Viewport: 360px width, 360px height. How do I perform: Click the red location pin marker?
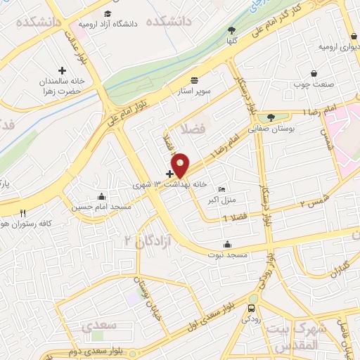click(x=181, y=165)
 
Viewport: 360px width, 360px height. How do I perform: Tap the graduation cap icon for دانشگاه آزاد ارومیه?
click(x=107, y=13)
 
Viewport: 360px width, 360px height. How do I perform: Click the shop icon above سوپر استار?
click(x=194, y=79)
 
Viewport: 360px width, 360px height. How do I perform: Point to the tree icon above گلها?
click(x=231, y=30)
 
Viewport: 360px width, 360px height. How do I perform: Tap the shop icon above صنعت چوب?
click(x=314, y=73)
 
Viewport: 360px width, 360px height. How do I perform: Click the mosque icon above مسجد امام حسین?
click(x=102, y=196)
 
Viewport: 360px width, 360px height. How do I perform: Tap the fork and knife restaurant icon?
click(x=23, y=213)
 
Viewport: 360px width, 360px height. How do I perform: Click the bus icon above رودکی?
click(x=252, y=308)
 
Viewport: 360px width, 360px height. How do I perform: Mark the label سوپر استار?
click(x=194, y=91)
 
